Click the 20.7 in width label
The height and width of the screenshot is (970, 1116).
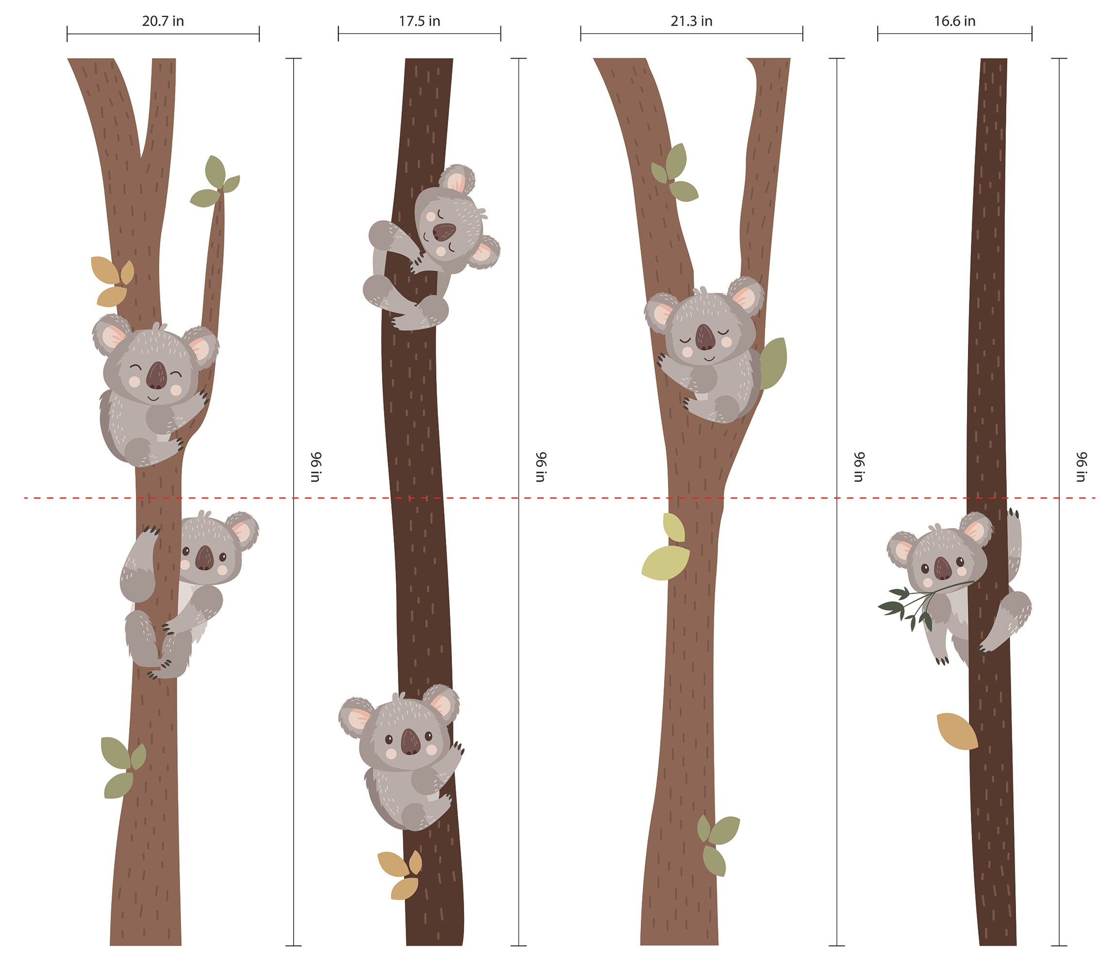[x=163, y=21]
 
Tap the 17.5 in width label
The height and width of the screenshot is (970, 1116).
[x=419, y=21]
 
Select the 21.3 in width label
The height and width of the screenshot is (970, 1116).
[x=691, y=21]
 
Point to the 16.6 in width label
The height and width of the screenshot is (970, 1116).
[x=954, y=21]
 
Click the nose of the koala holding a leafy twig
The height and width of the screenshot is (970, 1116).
[x=943, y=568]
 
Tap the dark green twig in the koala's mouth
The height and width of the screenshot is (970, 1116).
[x=910, y=606]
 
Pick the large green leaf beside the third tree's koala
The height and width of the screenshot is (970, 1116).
[x=773, y=363]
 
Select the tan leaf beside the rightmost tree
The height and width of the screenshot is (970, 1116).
[x=957, y=731]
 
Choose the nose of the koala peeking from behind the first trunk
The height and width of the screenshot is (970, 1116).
[x=205, y=558]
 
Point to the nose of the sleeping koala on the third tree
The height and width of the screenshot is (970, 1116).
[x=705, y=338]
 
